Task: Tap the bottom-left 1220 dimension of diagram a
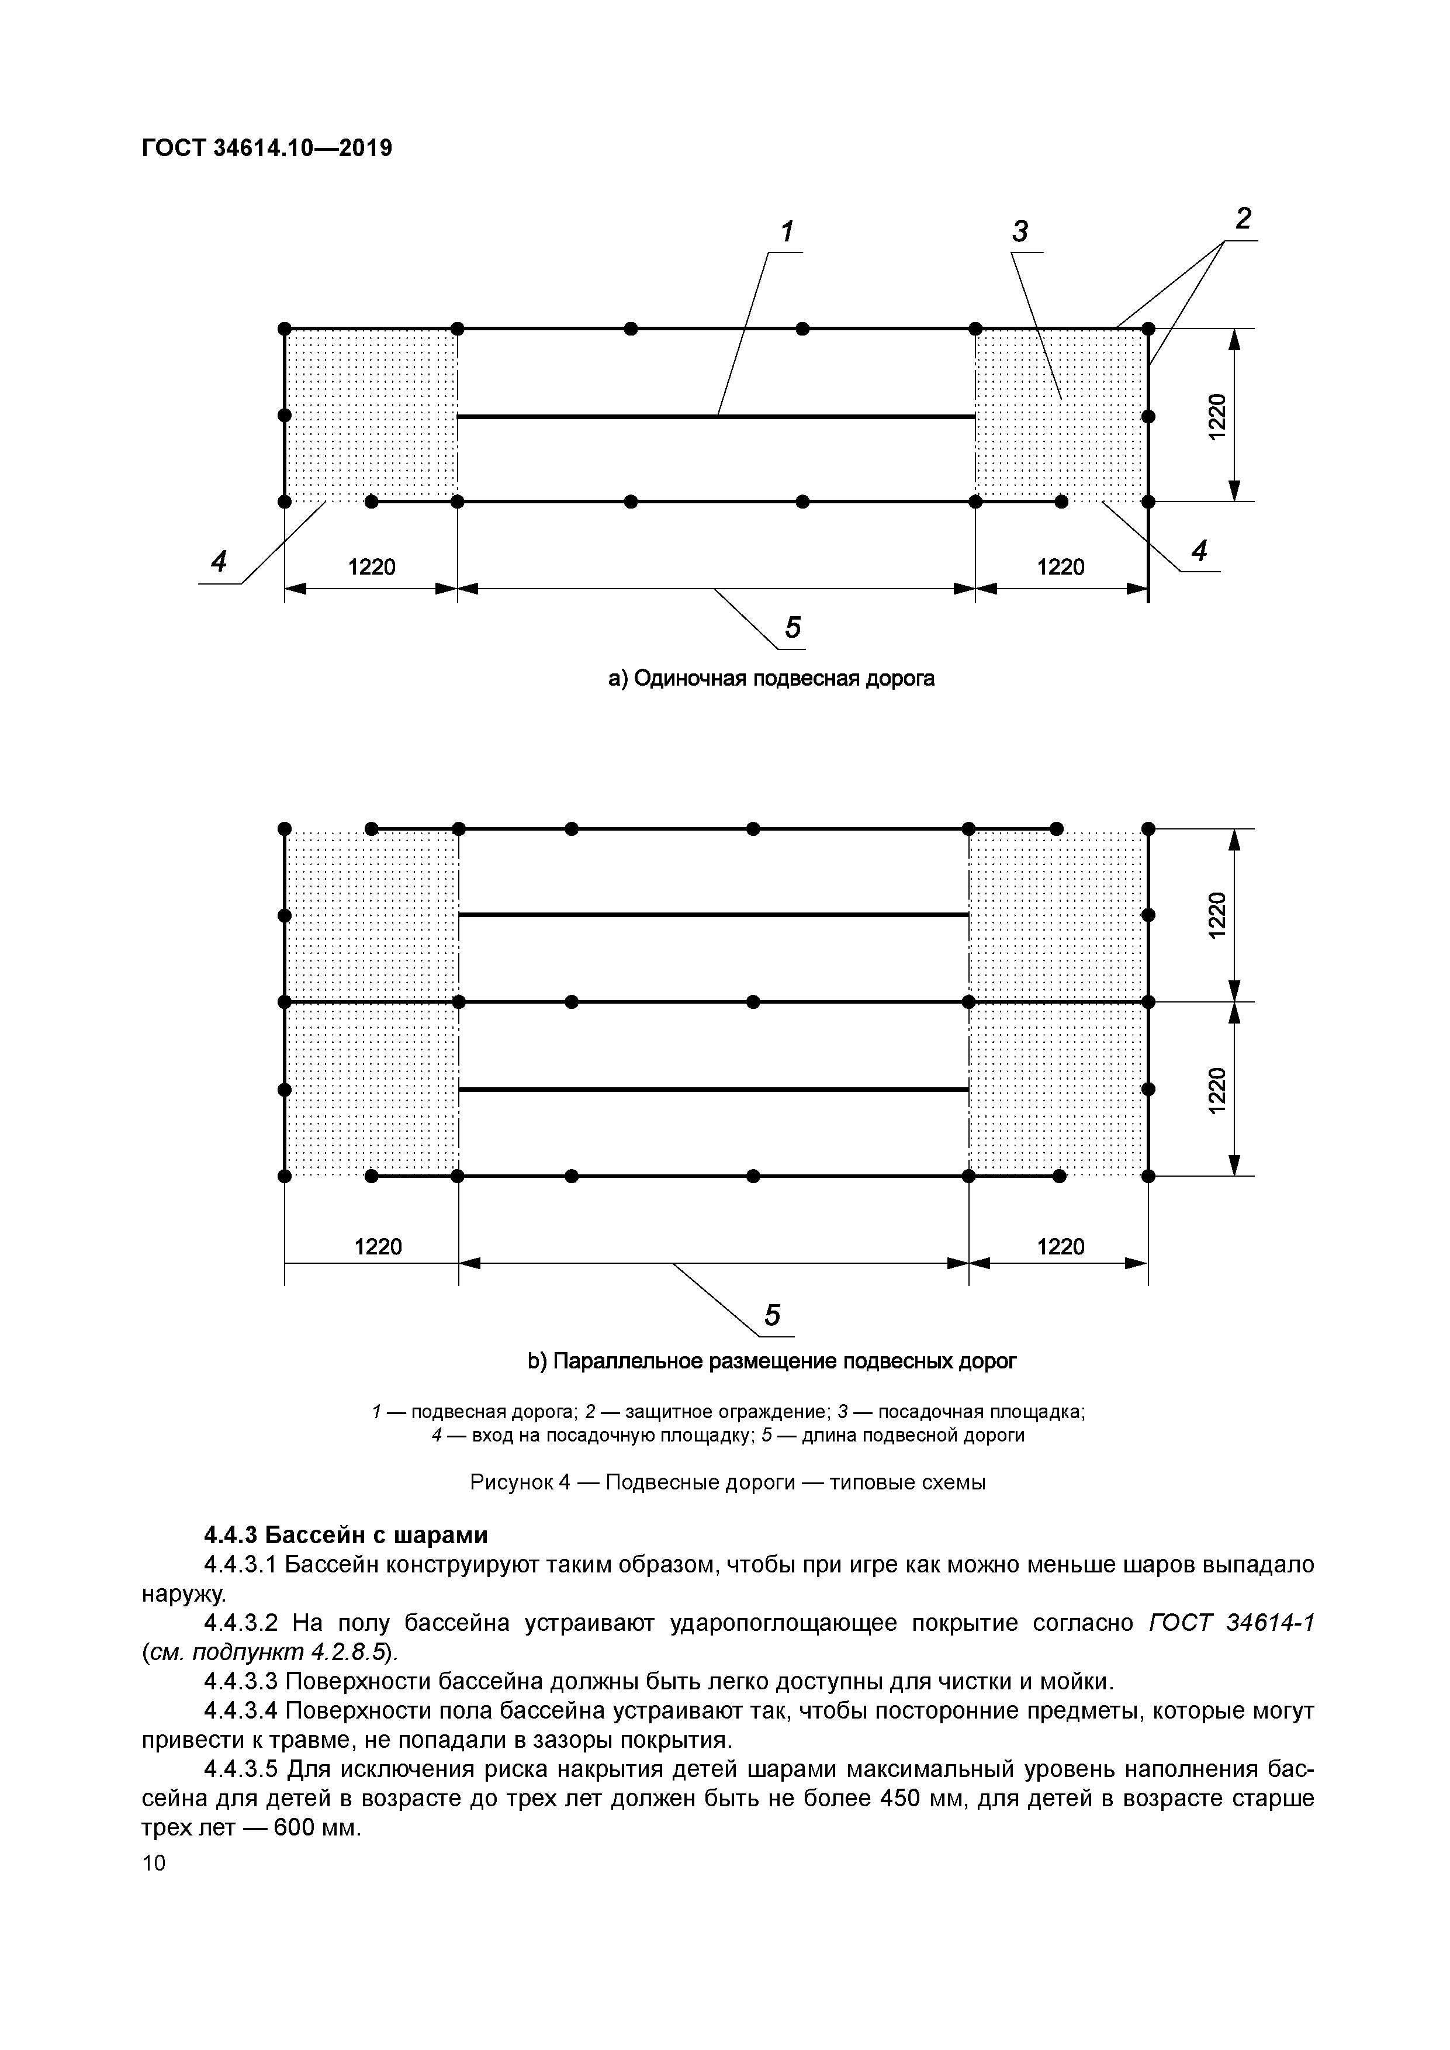[x=372, y=567]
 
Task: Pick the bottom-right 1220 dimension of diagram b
[x=1061, y=1246]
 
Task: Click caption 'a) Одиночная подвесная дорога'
[x=771, y=679]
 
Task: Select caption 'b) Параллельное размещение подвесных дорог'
[x=771, y=1361]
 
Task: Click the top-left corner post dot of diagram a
[x=285, y=329]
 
